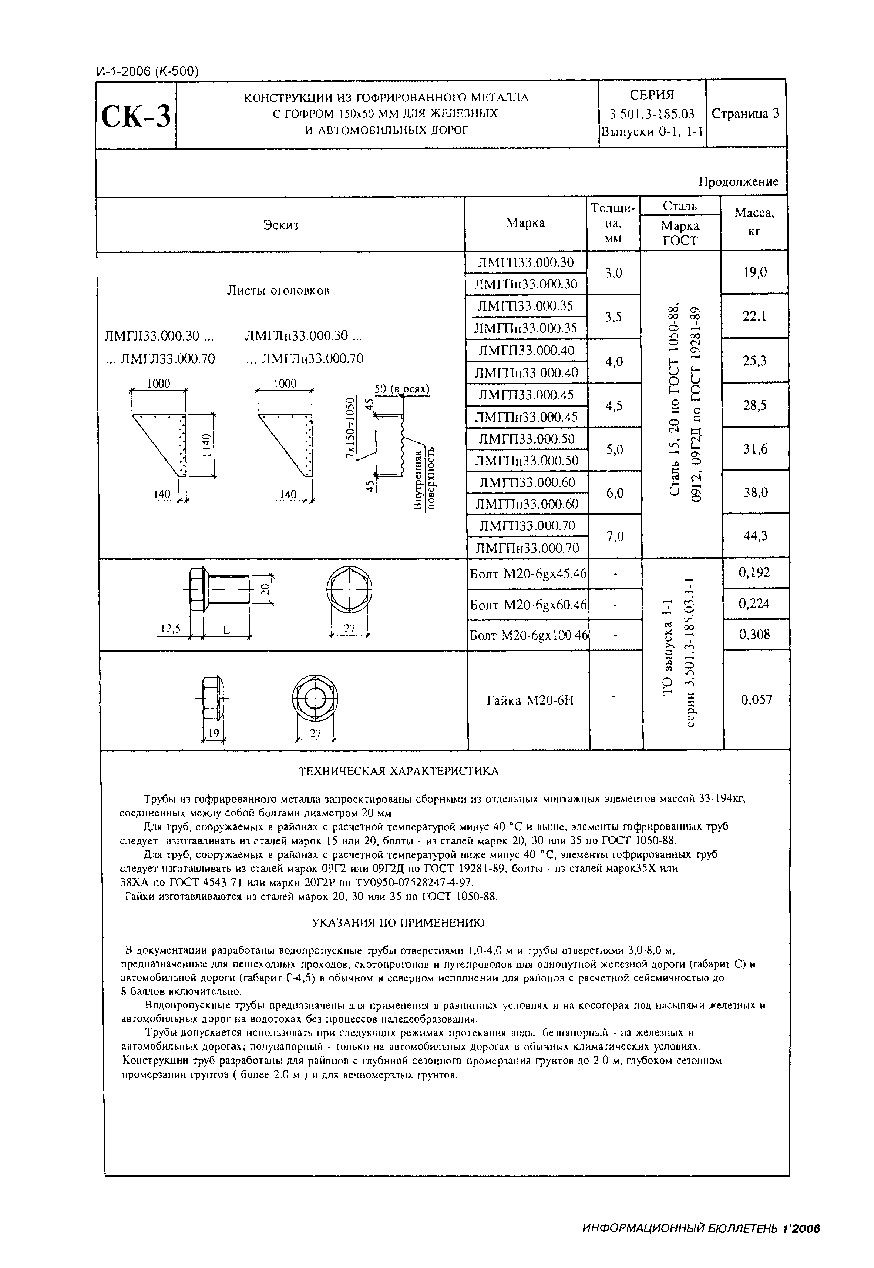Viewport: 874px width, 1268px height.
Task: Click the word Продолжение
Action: (x=738, y=182)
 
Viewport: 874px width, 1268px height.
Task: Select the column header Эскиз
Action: (x=280, y=225)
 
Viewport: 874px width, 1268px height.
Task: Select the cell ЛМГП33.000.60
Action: (x=527, y=482)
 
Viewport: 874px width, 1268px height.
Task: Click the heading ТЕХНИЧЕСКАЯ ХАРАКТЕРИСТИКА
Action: (x=398, y=771)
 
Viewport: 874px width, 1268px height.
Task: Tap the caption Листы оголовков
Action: (x=278, y=290)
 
